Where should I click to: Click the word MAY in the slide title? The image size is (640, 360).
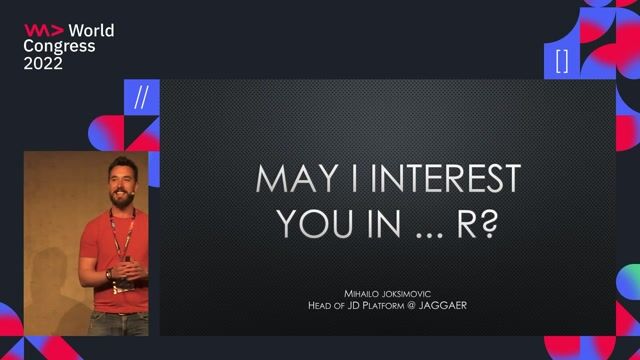point(290,180)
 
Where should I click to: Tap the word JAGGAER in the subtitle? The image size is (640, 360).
point(442,305)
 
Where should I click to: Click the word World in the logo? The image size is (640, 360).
point(91,31)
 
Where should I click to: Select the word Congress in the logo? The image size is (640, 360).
point(60,47)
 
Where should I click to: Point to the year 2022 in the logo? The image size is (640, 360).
point(44,63)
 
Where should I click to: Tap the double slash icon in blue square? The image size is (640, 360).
point(141,97)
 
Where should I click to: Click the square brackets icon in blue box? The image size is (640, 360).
point(562,61)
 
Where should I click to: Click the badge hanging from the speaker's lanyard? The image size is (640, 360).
point(123,283)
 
